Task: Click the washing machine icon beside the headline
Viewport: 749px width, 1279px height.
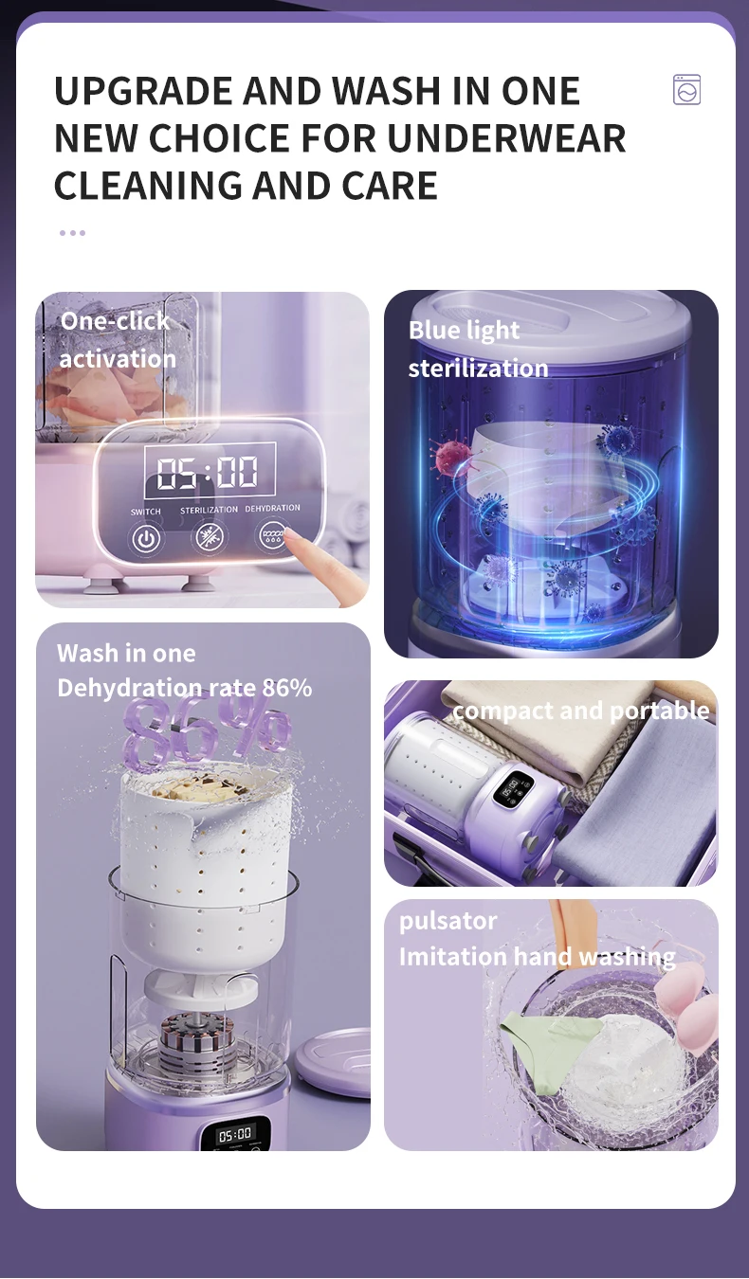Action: pyautogui.click(x=686, y=90)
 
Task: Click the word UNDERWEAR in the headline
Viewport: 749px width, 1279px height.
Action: pyautogui.click(x=506, y=138)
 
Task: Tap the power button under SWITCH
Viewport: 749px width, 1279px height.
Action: pyautogui.click(x=146, y=538)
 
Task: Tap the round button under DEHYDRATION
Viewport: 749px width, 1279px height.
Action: pyautogui.click(x=271, y=535)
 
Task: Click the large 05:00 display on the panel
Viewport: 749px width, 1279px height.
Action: pyautogui.click(x=210, y=472)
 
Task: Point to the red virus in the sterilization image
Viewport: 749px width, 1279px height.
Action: pyautogui.click(x=453, y=458)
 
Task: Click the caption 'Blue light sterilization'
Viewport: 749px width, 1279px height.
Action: pyautogui.click(x=478, y=349)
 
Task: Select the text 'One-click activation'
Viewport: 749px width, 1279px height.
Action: pyautogui.click(x=118, y=340)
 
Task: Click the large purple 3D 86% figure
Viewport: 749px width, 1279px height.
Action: pyautogui.click(x=206, y=733)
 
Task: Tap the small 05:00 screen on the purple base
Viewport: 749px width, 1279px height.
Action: pyautogui.click(x=235, y=1134)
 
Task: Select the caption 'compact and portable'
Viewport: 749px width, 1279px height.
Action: pyautogui.click(x=581, y=711)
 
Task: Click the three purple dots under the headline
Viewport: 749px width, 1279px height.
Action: pyautogui.click(x=73, y=233)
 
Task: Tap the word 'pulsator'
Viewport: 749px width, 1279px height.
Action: pyautogui.click(x=448, y=921)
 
